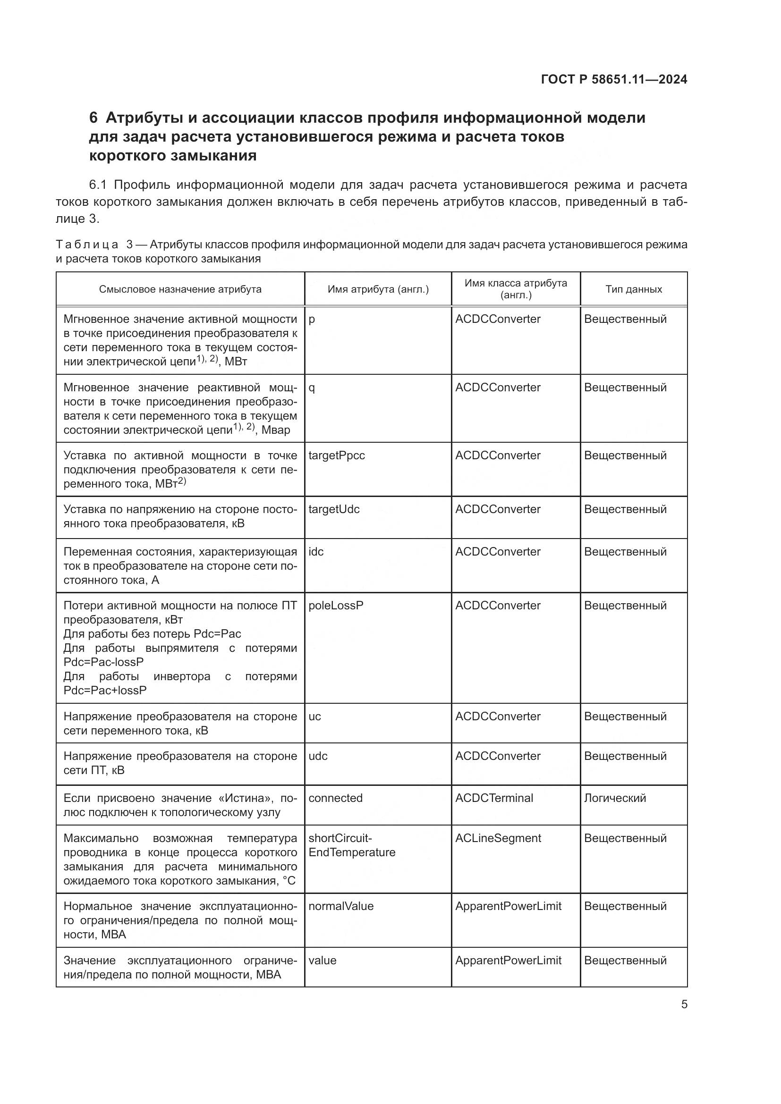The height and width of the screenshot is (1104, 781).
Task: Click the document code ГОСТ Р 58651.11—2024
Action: point(614,79)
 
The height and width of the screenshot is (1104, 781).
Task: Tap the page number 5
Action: point(684,1004)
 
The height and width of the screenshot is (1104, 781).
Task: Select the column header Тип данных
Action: point(633,289)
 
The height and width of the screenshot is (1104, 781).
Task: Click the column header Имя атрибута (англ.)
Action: point(378,289)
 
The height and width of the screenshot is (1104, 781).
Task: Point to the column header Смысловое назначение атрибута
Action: point(180,289)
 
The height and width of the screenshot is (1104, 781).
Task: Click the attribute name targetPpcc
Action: point(336,455)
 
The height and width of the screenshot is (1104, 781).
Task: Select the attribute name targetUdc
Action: point(334,509)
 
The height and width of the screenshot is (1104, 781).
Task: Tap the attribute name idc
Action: point(316,551)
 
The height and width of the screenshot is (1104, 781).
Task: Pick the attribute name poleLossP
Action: point(336,606)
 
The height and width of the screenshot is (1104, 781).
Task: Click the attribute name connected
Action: point(335,798)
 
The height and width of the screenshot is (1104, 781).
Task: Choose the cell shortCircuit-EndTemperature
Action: point(352,845)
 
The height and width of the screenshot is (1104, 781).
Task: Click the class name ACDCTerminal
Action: point(494,798)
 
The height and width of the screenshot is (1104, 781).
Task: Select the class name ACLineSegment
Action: point(498,838)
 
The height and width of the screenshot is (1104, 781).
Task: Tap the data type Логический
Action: point(615,798)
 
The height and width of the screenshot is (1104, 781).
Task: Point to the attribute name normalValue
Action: point(340,906)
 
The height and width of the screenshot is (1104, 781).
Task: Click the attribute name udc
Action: point(318,756)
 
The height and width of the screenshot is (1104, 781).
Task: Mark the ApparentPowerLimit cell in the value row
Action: point(508,960)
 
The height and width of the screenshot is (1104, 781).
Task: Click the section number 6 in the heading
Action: point(93,118)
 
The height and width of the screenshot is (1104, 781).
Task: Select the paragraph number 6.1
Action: point(100,185)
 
